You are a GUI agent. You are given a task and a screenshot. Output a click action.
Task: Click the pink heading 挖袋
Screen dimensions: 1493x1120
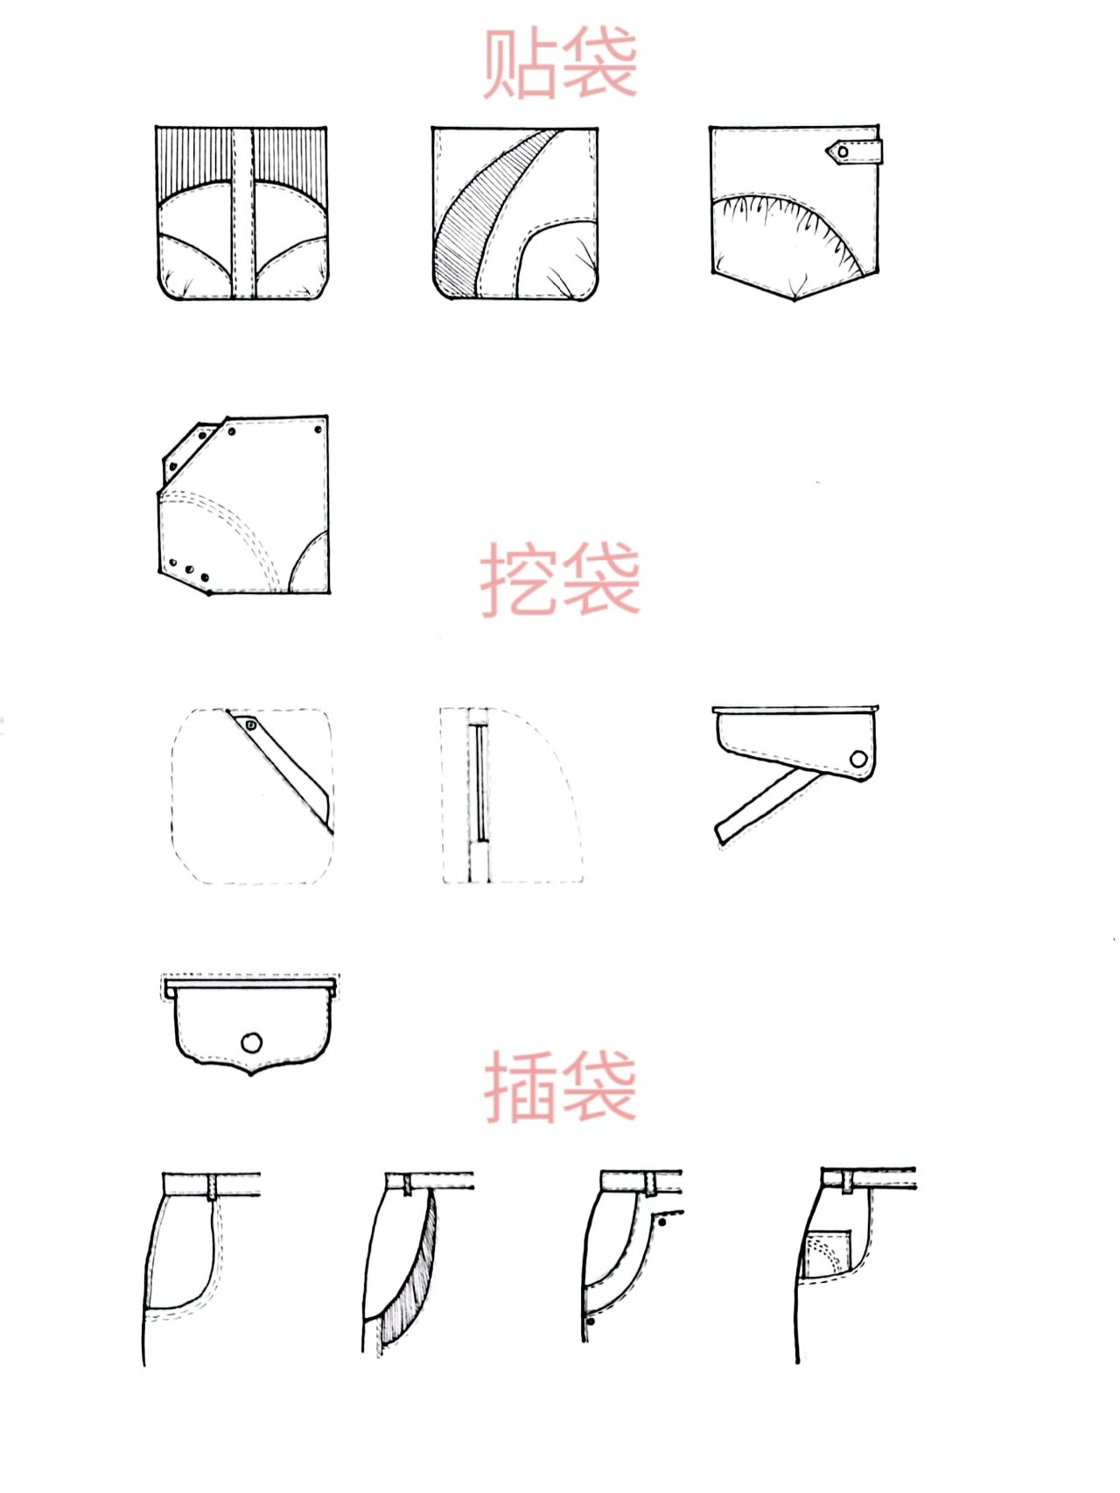pyautogui.click(x=560, y=579)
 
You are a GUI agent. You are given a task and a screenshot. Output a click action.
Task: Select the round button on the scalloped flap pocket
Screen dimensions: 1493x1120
pyautogui.click(x=251, y=1042)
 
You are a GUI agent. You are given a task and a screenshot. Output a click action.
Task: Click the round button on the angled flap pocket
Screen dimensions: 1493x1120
pyautogui.click(x=858, y=759)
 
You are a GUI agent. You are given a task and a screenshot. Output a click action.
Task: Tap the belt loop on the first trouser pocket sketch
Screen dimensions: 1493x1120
pyautogui.click(x=212, y=1187)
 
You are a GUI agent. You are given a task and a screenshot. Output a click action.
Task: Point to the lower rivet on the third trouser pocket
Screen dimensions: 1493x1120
pyautogui.click(x=591, y=1321)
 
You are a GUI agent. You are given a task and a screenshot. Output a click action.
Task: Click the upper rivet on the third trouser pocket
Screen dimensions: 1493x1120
pyautogui.click(x=663, y=1219)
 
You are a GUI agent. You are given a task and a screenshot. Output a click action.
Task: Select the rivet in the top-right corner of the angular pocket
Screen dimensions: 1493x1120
pyautogui.click(x=318, y=429)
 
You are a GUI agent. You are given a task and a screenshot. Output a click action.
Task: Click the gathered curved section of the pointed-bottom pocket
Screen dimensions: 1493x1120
pyautogui.click(x=787, y=236)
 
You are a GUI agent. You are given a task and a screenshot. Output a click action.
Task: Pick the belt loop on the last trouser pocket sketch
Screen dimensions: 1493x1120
pyautogui.click(x=848, y=1181)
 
